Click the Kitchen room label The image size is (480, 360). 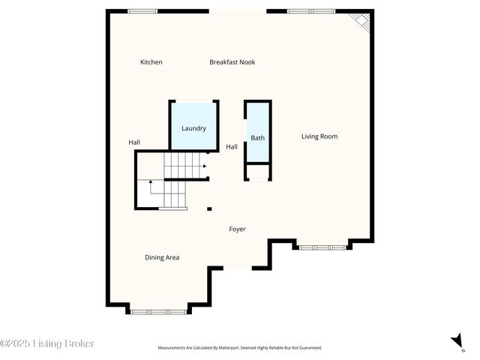151,62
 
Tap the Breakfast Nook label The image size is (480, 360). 232,62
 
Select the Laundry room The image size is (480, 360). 193,128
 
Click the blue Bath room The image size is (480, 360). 257,137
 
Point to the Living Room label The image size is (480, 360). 319,136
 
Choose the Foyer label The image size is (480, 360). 237,229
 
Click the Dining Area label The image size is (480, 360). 162,258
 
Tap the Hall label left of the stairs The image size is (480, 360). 134,142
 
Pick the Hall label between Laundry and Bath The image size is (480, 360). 232,147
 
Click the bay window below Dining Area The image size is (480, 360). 158,310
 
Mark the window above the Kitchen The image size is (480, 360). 142,11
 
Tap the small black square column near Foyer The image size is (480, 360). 209,209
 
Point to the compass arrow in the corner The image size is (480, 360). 456,341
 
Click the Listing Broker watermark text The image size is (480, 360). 47,343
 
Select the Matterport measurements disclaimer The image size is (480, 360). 239,348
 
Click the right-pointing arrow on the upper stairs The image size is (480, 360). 203,166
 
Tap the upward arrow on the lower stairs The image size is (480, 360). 151,181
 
